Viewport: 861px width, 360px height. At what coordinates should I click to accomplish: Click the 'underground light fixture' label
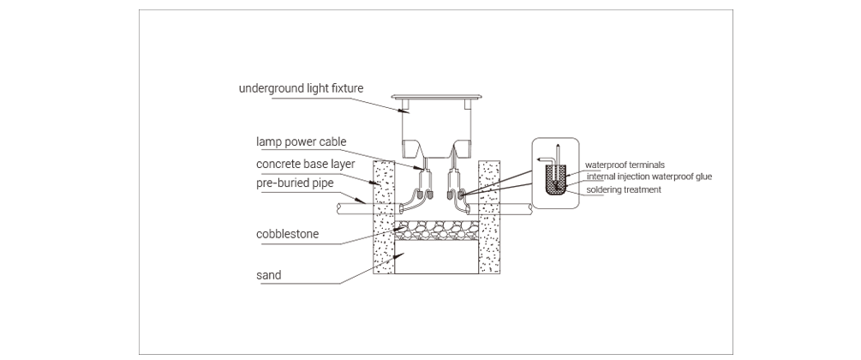click(301, 88)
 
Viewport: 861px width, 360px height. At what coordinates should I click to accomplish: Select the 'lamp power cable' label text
click(302, 141)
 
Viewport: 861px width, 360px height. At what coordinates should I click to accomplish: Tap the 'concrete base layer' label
click(305, 164)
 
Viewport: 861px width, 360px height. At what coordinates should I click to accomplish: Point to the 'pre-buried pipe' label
click(295, 183)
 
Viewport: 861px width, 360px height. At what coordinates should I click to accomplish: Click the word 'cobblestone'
click(287, 234)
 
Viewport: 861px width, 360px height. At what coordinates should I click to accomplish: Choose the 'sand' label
click(268, 275)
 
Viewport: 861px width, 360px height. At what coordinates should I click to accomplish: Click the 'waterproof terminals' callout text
click(625, 165)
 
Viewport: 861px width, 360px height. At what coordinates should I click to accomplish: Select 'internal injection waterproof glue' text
click(649, 177)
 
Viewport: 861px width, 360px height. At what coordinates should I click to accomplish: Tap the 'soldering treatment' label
click(624, 189)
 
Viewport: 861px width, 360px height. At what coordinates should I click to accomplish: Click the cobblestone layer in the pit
click(437, 231)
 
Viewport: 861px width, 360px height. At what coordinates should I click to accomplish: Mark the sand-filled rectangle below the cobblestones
click(437, 258)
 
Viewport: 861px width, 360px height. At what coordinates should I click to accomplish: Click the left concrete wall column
click(384, 217)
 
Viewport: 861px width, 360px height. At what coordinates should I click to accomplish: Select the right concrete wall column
click(489, 217)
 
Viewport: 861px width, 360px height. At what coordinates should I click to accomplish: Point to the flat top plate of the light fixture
click(437, 97)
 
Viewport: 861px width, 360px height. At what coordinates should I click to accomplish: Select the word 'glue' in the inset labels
click(703, 177)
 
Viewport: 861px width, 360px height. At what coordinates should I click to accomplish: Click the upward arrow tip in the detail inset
click(557, 145)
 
